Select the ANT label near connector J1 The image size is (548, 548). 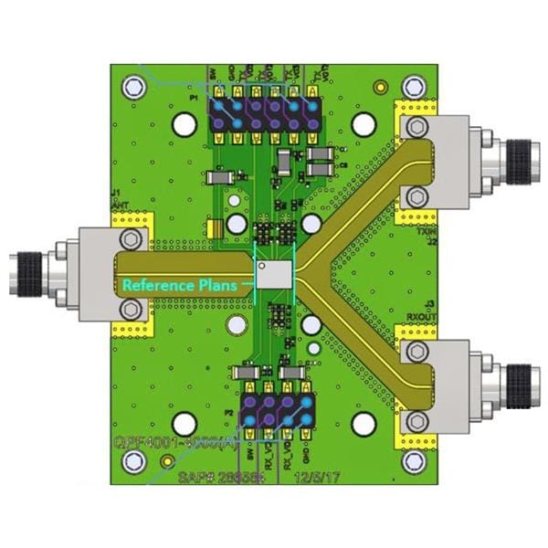tap(120, 206)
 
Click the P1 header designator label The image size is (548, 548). tap(195, 96)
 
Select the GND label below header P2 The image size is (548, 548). tap(305, 454)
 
